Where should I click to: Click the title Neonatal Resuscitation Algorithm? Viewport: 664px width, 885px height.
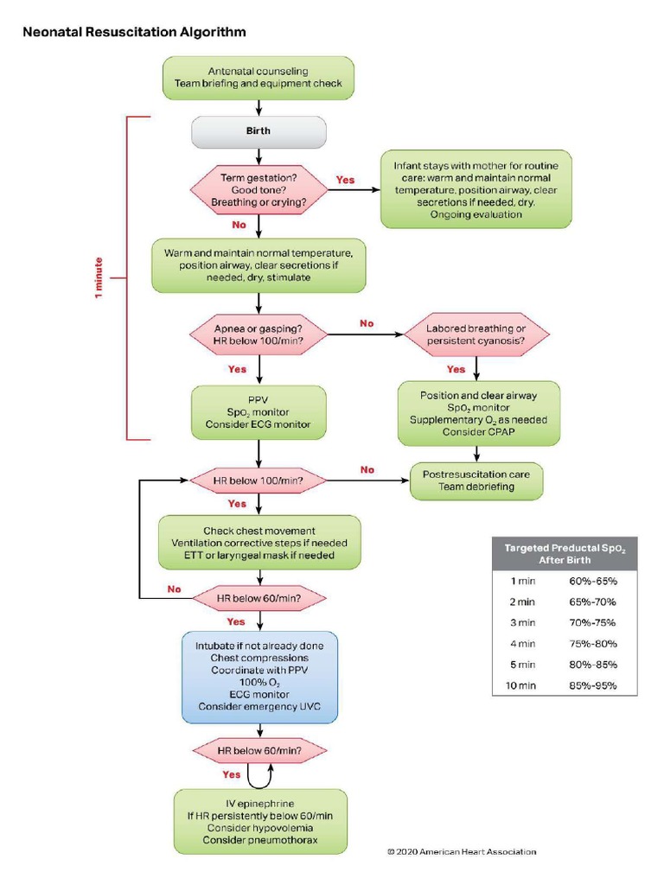click(x=134, y=32)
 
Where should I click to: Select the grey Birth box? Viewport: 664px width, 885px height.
click(x=259, y=132)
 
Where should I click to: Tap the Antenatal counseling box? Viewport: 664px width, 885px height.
click(x=259, y=77)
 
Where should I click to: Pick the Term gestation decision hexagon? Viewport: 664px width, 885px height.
click(x=259, y=189)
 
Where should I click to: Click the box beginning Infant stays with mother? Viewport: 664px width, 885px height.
click(x=476, y=189)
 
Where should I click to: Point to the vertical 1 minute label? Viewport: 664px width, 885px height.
click(x=99, y=277)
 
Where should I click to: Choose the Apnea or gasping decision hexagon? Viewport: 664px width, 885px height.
click(x=259, y=334)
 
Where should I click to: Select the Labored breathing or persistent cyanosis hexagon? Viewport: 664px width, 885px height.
click(x=476, y=334)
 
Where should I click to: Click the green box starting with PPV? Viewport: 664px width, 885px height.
click(x=259, y=411)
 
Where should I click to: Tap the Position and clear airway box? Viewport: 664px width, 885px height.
click(x=478, y=413)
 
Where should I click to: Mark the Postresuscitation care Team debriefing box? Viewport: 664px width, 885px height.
click(x=476, y=481)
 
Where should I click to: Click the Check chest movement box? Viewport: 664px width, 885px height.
click(x=259, y=543)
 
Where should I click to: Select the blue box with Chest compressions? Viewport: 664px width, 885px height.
click(x=259, y=677)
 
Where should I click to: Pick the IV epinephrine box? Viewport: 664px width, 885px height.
click(x=260, y=822)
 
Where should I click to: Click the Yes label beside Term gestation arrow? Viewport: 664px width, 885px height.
click(x=345, y=180)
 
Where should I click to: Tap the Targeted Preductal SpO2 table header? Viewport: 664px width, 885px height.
click(x=565, y=554)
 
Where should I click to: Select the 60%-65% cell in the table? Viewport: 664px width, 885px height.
click(x=592, y=581)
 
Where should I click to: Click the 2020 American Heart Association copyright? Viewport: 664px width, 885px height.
click(x=461, y=851)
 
